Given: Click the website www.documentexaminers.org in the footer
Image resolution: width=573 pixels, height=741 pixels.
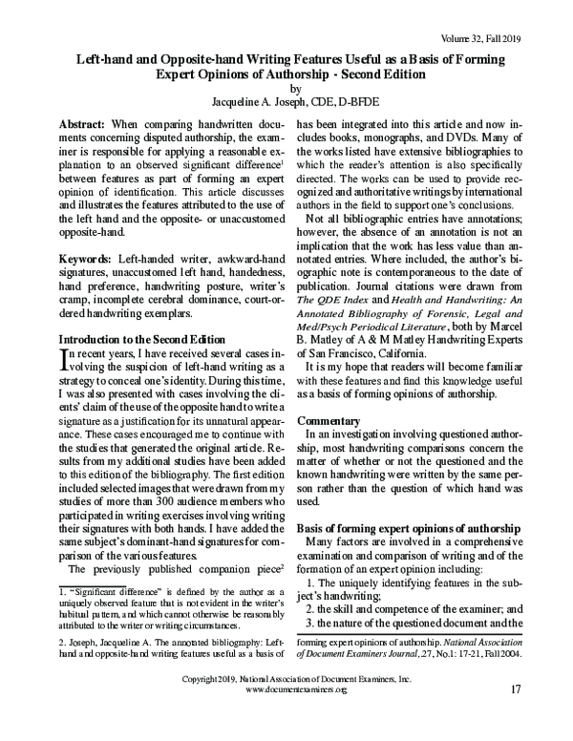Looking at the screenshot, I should (x=286, y=715).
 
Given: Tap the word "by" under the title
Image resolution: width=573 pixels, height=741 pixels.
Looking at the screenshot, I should (x=286, y=85).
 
